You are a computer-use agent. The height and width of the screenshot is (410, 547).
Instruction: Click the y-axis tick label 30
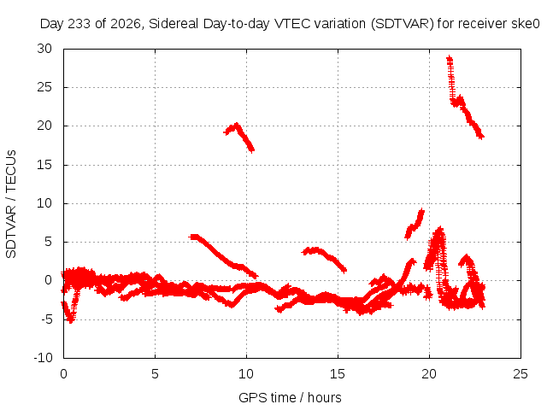44,49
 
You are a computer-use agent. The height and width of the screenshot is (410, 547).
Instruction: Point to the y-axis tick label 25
44,87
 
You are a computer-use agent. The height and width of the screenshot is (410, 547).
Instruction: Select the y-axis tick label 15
44,165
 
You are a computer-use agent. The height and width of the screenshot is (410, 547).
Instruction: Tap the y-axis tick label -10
44,358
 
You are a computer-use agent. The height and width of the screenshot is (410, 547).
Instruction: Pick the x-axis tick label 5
155,374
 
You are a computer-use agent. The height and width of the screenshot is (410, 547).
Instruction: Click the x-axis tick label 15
338,374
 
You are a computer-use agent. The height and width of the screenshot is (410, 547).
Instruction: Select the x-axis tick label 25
521,374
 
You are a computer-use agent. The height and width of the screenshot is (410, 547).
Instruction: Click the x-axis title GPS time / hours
290,398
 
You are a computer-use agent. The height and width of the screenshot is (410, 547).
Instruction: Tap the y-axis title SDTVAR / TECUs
11,204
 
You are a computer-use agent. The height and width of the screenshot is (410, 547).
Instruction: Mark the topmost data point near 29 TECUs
450,57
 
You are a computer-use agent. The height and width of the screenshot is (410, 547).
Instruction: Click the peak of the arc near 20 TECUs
238,125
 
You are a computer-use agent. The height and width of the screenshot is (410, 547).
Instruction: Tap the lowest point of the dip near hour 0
71,321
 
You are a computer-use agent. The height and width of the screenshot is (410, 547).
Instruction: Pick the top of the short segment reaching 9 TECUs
422,211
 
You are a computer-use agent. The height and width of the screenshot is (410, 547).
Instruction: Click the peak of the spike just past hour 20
440,229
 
